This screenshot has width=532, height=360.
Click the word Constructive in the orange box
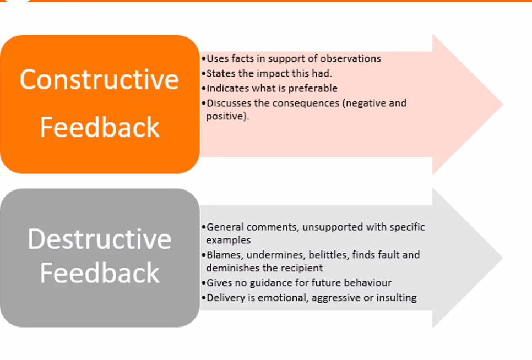(x=99, y=79)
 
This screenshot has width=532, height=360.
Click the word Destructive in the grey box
(x=100, y=239)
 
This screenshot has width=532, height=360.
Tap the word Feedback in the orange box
(x=100, y=127)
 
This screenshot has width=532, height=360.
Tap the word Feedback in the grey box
(x=100, y=273)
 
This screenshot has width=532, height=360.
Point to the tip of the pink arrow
(x=502, y=104)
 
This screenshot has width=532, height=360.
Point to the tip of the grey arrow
(x=502, y=258)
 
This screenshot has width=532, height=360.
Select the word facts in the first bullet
(x=242, y=59)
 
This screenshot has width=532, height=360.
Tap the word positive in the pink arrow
(x=225, y=116)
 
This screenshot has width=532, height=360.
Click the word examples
(x=229, y=240)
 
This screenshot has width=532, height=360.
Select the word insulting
(x=397, y=298)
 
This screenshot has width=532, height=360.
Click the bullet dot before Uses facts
(x=203, y=59)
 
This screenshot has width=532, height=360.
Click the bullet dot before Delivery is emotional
(x=203, y=298)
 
